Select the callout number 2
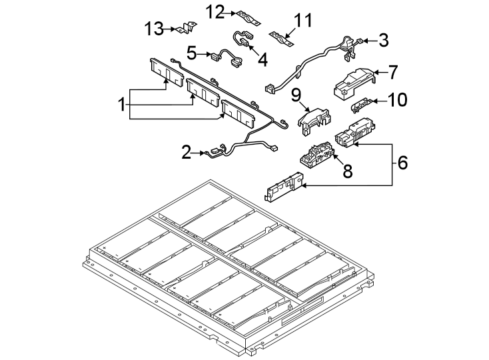click(x=186, y=153)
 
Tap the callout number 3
click(x=384, y=41)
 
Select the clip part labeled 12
click(x=249, y=19)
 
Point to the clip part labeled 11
click(x=282, y=38)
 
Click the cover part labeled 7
click(x=354, y=83)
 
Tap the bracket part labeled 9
click(x=314, y=121)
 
